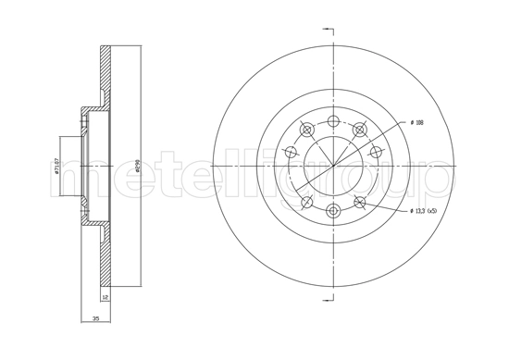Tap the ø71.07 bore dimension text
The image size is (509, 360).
[58, 166]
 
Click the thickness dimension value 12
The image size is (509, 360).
[106, 298]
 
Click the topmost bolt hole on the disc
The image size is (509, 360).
[333, 121]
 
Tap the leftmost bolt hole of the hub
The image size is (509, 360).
[290, 153]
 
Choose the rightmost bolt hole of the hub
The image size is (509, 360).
[377, 153]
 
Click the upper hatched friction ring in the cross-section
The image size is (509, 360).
[106, 74]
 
